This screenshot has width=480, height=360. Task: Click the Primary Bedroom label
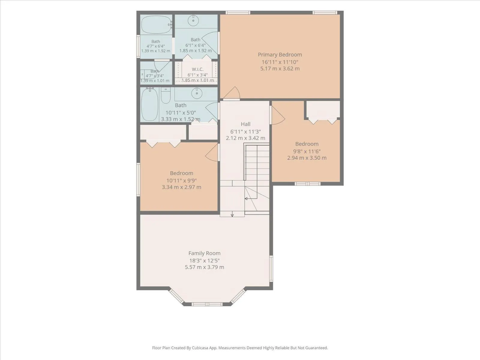click(280, 55)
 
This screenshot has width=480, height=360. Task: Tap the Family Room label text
click(205, 253)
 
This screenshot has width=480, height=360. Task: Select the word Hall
click(246, 124)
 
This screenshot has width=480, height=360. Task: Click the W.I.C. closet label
click(198, 69)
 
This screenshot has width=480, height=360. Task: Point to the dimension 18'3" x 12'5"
click(205, 260)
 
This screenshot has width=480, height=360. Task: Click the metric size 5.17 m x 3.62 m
click(280, 69)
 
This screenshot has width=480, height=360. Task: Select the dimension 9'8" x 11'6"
click(307, 151)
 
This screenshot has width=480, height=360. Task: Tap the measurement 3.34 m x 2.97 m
click(181, 187)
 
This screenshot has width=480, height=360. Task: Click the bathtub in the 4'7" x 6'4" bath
click(156, 25)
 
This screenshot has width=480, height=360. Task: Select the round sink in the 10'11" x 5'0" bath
click(196, 93)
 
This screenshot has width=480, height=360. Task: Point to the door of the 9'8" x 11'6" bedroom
click(278, 115)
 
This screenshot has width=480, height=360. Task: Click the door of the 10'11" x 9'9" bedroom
click(211, 153)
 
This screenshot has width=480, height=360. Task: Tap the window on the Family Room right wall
click(271, 268)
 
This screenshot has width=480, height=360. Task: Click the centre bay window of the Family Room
click(207, 304)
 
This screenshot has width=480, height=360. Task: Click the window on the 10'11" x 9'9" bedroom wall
click(138, 179)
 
